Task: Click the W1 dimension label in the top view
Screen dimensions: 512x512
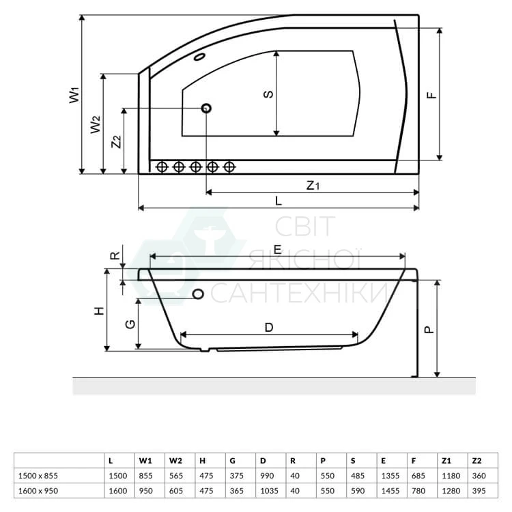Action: (x=74, y=95)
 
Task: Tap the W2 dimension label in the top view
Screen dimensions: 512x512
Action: (x=96, y=125)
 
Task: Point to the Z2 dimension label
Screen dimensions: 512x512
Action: (x=116, y=142)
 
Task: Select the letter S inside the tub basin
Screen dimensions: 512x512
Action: (x=268, y=94)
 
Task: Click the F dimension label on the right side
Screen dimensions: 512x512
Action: (x=431, y=95)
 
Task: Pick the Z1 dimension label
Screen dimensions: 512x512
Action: (x=313, y=186)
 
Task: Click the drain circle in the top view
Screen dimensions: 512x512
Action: (x=206, y=108)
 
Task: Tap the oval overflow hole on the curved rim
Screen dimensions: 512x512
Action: (x=199, y=57)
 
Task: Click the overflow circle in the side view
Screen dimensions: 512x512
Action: (x=198, y=294)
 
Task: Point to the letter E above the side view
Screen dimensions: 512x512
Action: (x=277, y=250)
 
